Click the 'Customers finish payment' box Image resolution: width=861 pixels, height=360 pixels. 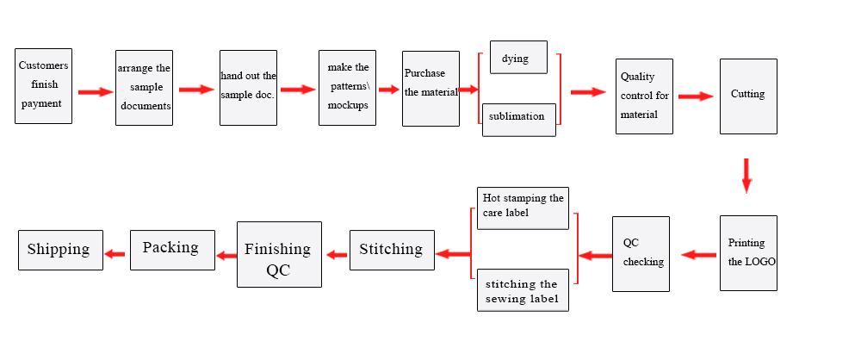pyautogui.click(x=44, y=86)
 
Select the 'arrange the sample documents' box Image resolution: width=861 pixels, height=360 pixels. pyautogui.click(x=144, y=87)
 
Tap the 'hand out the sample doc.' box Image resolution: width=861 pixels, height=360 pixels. pyautogui.click(x=248, y=87)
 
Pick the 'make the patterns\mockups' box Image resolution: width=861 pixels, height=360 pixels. pyautogui.click(x=347, y=87)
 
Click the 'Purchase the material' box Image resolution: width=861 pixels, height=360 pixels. pyautogui.click(x=430, y=88)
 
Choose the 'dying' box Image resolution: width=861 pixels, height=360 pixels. pyautogui.click(x=518, y=59)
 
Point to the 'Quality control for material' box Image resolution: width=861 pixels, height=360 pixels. pyautogui.click(x=644, y=96)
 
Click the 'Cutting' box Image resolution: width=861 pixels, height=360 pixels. pyautogui.click(x=748, y=96)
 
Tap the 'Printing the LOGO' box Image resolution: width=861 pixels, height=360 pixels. pyautogui.click(x=748, y=251)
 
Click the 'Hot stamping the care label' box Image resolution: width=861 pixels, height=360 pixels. pyautogui.click(x=523, y=208)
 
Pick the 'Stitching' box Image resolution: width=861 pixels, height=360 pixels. pyautogui.click(x=392, y=250)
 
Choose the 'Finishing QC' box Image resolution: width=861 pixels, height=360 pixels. pyautogui.click(x=279, y=254)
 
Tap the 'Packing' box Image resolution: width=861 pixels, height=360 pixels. pyautogui.click(x=172, y=249)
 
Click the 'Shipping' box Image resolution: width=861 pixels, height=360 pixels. pyautogui.click(x=60, y=250)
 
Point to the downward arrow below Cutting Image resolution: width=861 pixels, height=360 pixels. pyautogui.click(x=746, y=175)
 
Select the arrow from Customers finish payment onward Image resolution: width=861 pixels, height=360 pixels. pyautogui.click(x=95, y=92)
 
